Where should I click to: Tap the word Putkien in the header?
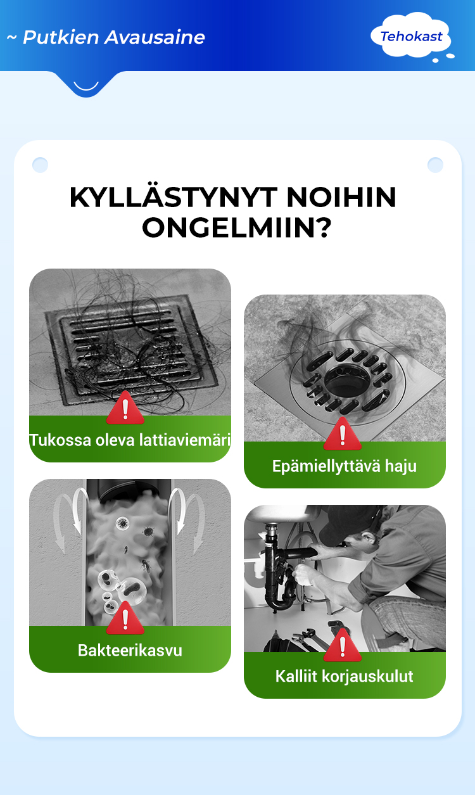click(x=61, y=37)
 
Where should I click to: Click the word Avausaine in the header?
click(x=155, y=37)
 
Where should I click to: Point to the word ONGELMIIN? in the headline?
click(x=237, y=227)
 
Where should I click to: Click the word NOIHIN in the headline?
click(x=341, y=198)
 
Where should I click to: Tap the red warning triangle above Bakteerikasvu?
click(x=125, y=618)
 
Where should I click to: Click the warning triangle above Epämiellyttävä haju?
click(x=343, y=434)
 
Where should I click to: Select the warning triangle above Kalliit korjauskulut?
click(x=343, y=645)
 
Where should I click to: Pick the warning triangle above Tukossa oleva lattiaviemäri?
click(x=125, y=408)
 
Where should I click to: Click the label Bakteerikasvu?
click(x=130, y=650)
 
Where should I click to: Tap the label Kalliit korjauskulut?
click(x=344, y=676)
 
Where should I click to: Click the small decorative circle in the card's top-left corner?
click(x=40, y=165)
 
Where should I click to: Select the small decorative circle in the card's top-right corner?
click(x=435, y=165)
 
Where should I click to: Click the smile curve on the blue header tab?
click(x=86, y=87)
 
